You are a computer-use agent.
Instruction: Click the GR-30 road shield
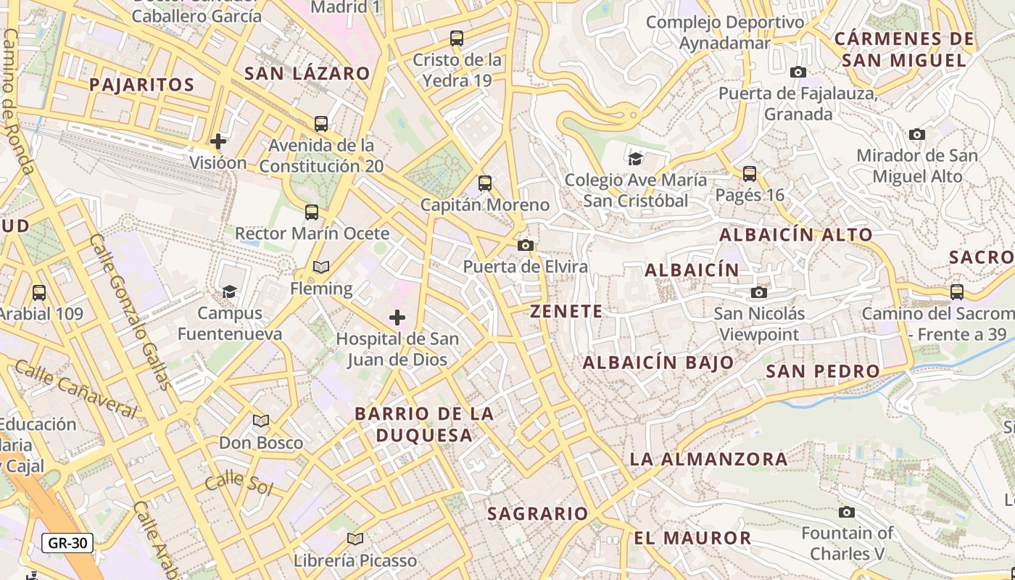[x=67, y=542]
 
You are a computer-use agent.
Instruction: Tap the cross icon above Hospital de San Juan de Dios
[x=397, y=318]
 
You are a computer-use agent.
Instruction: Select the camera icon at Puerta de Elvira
[x=526, y=246]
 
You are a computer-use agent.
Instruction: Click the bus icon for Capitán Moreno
[x=485, y=183]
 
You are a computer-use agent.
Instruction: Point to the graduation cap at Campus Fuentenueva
[x=230, y=291]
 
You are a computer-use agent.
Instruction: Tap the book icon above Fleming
[x=321, y=267]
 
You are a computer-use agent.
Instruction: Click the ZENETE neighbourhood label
[x=566, y=312]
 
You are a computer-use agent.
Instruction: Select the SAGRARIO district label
[x=538, y=513]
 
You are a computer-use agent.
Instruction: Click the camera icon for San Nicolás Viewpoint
[x=759, y=292]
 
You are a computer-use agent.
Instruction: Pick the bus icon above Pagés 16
[x=750, y=174]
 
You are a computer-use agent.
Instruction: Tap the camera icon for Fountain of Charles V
[x=846, y=513]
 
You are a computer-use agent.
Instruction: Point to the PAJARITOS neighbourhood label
[x=142, y=85]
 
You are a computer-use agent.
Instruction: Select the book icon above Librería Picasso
[x=355, y=539]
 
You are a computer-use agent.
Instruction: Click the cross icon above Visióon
[x=218, y=141]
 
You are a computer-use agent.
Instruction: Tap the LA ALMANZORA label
[x=708, y=458]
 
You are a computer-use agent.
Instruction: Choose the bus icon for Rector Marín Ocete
[x=312, y=212]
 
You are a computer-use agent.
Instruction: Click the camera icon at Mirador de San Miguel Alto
[x=917, y=134]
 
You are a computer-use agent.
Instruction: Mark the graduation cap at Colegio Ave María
[x=635, y=159]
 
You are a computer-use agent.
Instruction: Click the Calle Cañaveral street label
[x=75, y=390]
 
